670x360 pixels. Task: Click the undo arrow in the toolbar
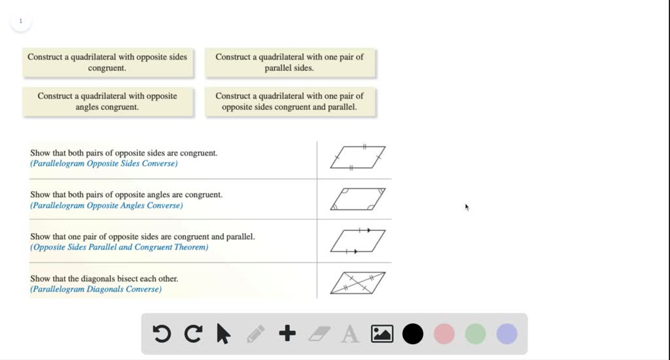coord(162,334)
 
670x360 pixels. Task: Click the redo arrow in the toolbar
coord(193,334)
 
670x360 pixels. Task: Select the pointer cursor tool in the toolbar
coord(224,334)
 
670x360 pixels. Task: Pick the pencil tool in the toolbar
coord(256,334)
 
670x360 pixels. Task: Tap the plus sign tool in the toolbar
coord(287,334)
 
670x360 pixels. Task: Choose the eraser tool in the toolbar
coord(319,334)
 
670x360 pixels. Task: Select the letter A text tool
coord(351,334)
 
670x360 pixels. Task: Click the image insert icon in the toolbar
coord(382,334)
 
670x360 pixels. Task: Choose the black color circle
coord(413,334)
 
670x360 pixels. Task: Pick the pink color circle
coord(444,334)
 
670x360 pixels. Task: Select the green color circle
coord(476,334)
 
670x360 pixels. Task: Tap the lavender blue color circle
coord(507,334)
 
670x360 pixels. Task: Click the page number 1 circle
coord(20,21)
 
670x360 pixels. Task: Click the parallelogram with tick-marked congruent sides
coord(357,158)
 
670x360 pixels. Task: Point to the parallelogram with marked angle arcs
coord(357,199)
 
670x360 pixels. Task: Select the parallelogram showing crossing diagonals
coord(357,283)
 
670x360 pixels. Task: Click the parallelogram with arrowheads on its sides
coord(357,241)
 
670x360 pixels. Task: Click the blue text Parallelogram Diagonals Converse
coord(96,289)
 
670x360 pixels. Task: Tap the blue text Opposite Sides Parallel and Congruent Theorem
coord(119,247)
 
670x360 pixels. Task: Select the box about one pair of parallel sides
coord(289,62)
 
